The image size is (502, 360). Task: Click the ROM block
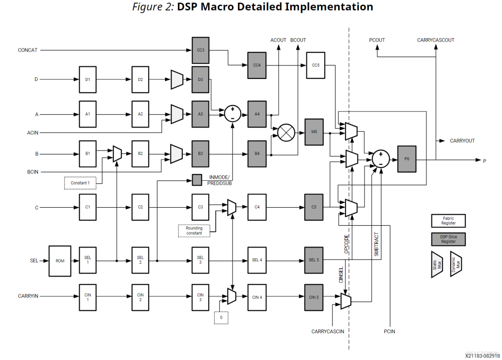click(60, 261)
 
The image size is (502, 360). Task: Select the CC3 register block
click(201, 50)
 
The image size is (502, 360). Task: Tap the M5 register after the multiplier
click(314, 132)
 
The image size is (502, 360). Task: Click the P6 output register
click(407, 159)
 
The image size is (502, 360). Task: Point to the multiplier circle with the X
click(286, 132)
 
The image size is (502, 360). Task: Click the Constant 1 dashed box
click(80, 183)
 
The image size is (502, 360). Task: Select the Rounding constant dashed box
click(194, 231)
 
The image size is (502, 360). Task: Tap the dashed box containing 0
click(221, 318)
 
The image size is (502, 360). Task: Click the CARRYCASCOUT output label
click(435, 40)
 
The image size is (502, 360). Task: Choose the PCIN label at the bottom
click(389, 332)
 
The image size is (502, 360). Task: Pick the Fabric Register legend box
click(448, 220)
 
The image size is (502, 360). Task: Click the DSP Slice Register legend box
click(448, 239)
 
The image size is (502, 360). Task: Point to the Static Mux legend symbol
click(437, 264)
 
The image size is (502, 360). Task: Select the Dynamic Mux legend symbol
click(456, 264)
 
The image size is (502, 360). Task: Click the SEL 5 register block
click(314, 260)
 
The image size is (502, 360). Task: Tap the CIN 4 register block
click(257, 297)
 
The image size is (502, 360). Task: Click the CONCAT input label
click(28, 50)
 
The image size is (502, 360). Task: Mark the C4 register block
click(257, 207)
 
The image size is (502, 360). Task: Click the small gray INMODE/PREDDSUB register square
click(197, 180)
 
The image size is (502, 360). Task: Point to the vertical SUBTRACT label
click(376, 244)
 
